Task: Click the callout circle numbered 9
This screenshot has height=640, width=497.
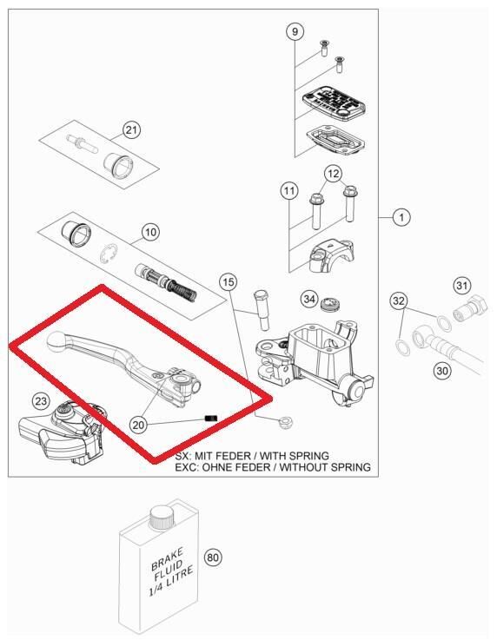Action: tap(295, 31)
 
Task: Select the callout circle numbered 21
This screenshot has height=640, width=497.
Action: tap(131, 130)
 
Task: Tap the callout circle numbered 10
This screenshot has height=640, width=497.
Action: tap(150, 232)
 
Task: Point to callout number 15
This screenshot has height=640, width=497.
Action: tap(229, 281)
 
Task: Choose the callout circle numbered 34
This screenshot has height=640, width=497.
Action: tap(309, 300)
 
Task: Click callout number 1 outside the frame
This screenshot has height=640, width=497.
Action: tap(401, 217)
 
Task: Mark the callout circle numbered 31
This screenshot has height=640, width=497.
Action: tap(462, 285)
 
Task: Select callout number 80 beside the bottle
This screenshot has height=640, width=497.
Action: tap(213, 558)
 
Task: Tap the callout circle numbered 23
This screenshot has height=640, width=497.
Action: tap(41, 401)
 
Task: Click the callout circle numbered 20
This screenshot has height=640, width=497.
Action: tap(138, 425)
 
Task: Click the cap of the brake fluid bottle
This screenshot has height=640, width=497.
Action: tap(161, 518)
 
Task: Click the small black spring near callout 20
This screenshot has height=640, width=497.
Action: tap(211, 418)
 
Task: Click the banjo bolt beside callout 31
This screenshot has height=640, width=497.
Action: tap(470, 308)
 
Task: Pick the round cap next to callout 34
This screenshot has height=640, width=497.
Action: tap(329, 305)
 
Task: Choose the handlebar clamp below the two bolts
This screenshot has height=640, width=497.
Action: tap(331, 256)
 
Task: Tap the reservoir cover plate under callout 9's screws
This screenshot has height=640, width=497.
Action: tap(334, 102)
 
